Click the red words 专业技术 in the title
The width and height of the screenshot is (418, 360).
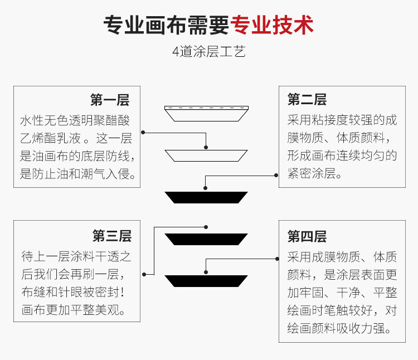273,25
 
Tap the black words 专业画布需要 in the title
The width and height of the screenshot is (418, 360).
167,25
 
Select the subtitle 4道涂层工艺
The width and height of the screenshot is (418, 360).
209,52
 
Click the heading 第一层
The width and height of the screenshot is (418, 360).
110,100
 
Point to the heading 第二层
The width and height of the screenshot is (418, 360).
307,100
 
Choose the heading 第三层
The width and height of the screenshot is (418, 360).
112,236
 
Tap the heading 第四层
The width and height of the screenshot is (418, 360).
307,236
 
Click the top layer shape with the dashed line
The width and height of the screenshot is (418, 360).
206,113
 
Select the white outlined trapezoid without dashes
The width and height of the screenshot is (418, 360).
206,155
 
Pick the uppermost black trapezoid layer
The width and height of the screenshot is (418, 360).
206,197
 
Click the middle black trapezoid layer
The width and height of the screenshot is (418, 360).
206,239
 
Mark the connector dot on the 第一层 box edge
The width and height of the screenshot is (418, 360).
143,132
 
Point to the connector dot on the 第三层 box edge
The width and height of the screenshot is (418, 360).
143,274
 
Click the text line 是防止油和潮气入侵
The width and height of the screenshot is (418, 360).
78,175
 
